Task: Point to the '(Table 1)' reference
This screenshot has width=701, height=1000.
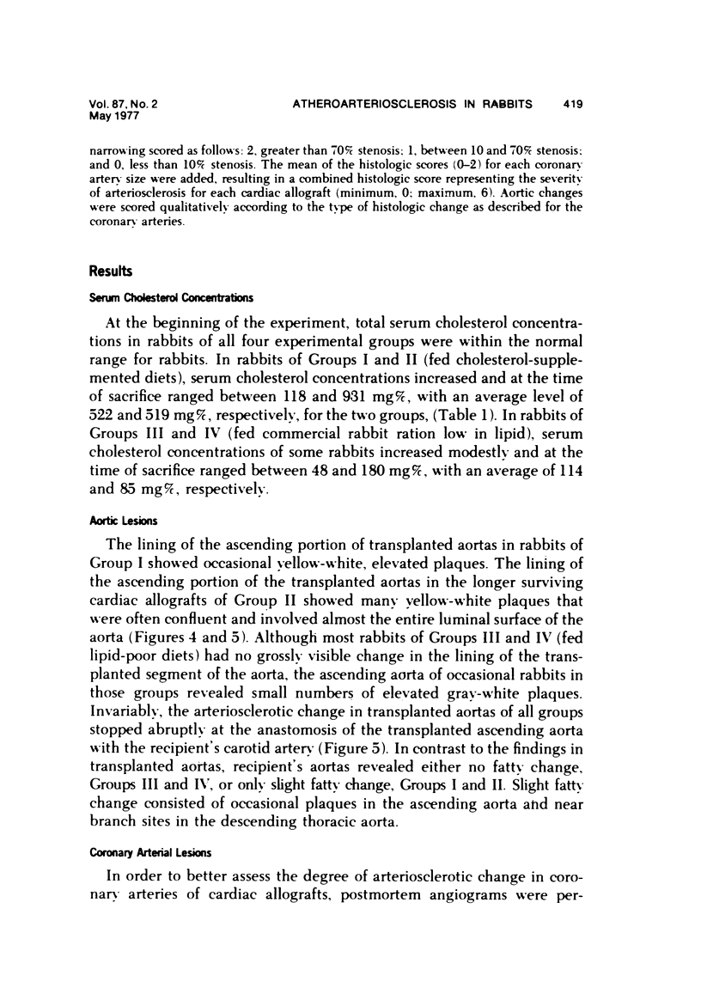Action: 514,416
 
